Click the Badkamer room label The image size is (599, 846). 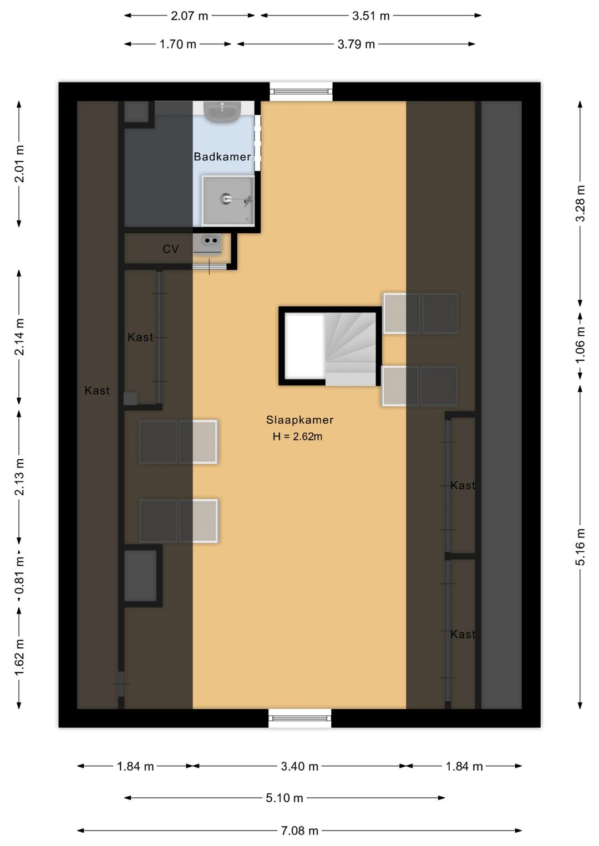[222, 157]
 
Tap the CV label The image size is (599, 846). [170, 249]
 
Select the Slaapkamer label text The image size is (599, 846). [299, 420]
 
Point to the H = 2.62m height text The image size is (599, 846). [297, 437]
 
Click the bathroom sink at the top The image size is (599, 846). [222, 111]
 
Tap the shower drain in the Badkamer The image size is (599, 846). [226, 199]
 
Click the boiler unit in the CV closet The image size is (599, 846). [210, 242]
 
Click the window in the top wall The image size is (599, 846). [301, 91]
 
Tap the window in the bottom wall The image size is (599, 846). [300, 719]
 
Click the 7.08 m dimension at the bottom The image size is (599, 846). [299, 830]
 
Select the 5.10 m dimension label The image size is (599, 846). [284, 798]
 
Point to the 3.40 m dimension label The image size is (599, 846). [299, 766]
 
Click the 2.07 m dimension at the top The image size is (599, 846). [189, 16]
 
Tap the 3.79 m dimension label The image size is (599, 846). [356, 44]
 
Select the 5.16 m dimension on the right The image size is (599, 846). [580, 547]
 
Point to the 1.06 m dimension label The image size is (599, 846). [580, 345]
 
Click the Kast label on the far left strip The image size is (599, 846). [97, 391]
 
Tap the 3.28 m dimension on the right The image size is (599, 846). [580, 203]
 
